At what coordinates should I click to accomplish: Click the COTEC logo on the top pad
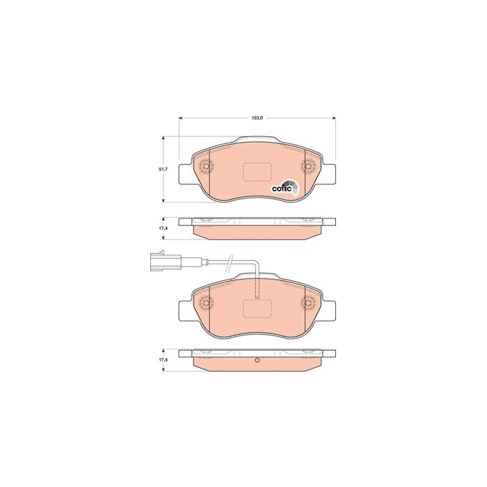tap(285, 188)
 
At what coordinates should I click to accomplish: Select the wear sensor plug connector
tap(166, 261)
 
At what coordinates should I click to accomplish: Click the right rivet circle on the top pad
tap(308, 166)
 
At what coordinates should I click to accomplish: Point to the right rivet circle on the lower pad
tap(308, 302)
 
